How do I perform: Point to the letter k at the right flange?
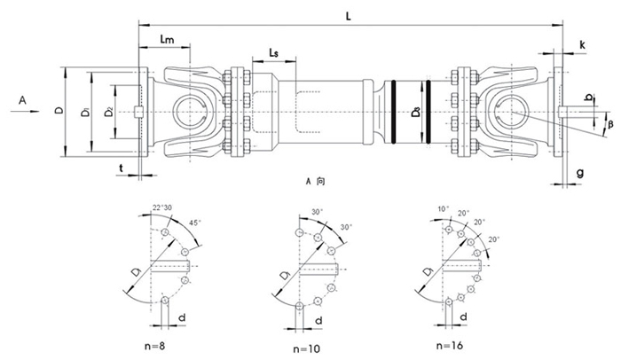tap(581, 43)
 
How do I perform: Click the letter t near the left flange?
tap(120, 166)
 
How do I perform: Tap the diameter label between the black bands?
tap(415, 113)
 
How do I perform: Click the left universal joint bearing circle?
tap(190, 111)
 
